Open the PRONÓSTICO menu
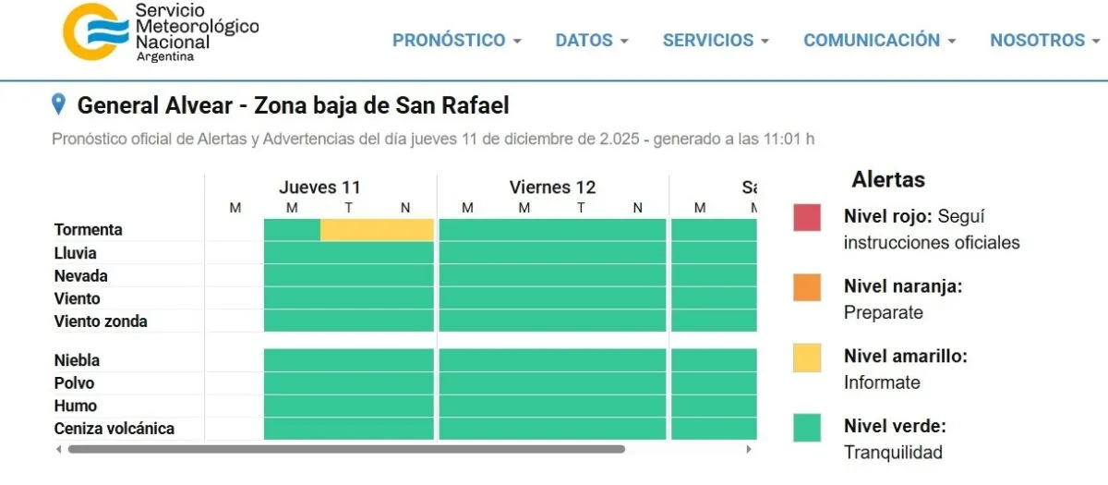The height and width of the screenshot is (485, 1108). point(456,41)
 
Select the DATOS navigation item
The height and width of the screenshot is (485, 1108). point(591,41)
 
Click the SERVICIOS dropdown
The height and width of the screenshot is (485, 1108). point(716,41)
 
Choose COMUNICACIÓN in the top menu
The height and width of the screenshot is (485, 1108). point(879,41)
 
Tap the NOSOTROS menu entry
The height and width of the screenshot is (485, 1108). point(1044,41)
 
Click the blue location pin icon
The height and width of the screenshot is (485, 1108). point(59,104)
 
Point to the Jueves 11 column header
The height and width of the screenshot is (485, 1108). point(319,188)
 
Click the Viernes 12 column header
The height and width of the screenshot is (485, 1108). point(552,188)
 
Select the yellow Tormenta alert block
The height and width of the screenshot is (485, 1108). point(377,230)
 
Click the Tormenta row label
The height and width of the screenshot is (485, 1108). point(89,230)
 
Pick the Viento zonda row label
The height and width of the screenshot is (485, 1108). point(101,321)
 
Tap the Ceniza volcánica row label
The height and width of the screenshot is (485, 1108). point(114,429)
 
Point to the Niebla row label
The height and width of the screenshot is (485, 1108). point(77,360)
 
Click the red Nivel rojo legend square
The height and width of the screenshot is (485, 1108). point(807,217)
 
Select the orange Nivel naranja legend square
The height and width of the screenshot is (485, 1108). point(807,287)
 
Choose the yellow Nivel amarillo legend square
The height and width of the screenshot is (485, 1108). point(807,358)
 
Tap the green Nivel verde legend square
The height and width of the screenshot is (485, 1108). point(807,428)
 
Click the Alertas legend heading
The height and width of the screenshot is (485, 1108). point(888,179)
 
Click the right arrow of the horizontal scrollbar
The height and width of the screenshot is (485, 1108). point(749,450)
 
